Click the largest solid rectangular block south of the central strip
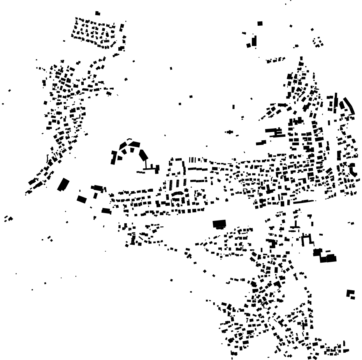[x=220, y=224]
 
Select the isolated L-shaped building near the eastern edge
[x=350, y=293]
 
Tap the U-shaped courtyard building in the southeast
[x=308, y=238]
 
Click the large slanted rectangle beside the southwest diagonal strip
[x=63, y=184]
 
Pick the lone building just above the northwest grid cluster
[x=98, y=13]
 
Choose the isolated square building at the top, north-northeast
[x=260, y=23]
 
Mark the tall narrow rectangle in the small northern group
[x=254, y=41]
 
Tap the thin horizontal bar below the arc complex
[x=141, y=172]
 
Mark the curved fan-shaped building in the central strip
[x=177, y=194]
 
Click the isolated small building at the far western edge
[x=3, y=104]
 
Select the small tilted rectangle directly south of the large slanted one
[x=81, y=199]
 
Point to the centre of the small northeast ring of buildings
[x=318, y=42]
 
